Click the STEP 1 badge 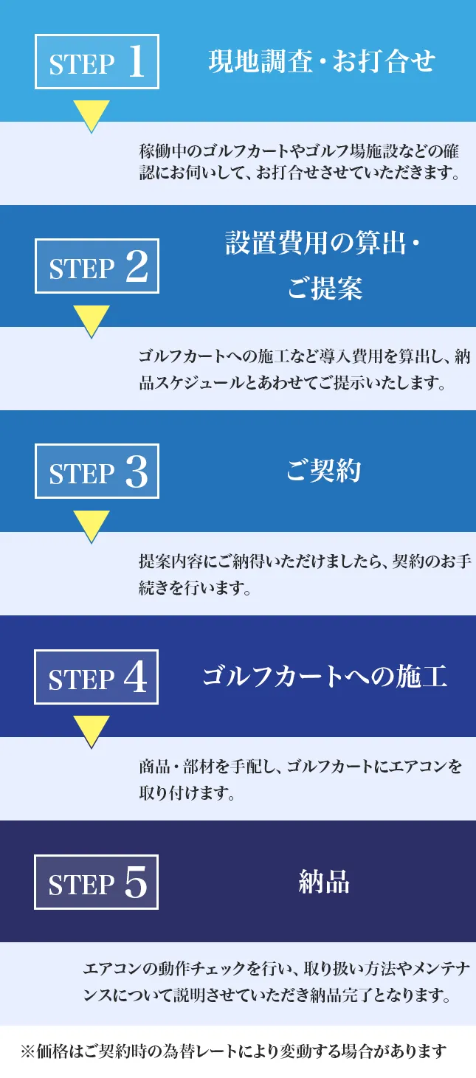point(97,61)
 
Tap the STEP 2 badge point(97,266)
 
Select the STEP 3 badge point(97,471)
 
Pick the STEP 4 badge point(97,677)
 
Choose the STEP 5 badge point(97,882)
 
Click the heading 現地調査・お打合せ point(322,61)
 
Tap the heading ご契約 point(323,471)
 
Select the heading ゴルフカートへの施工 point(325,677)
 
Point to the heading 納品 point(323,882)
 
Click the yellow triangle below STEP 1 point(91,115)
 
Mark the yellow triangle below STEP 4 point(91,730)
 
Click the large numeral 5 point(137,882)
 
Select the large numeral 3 point(137,471)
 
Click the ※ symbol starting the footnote point(27,1051)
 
